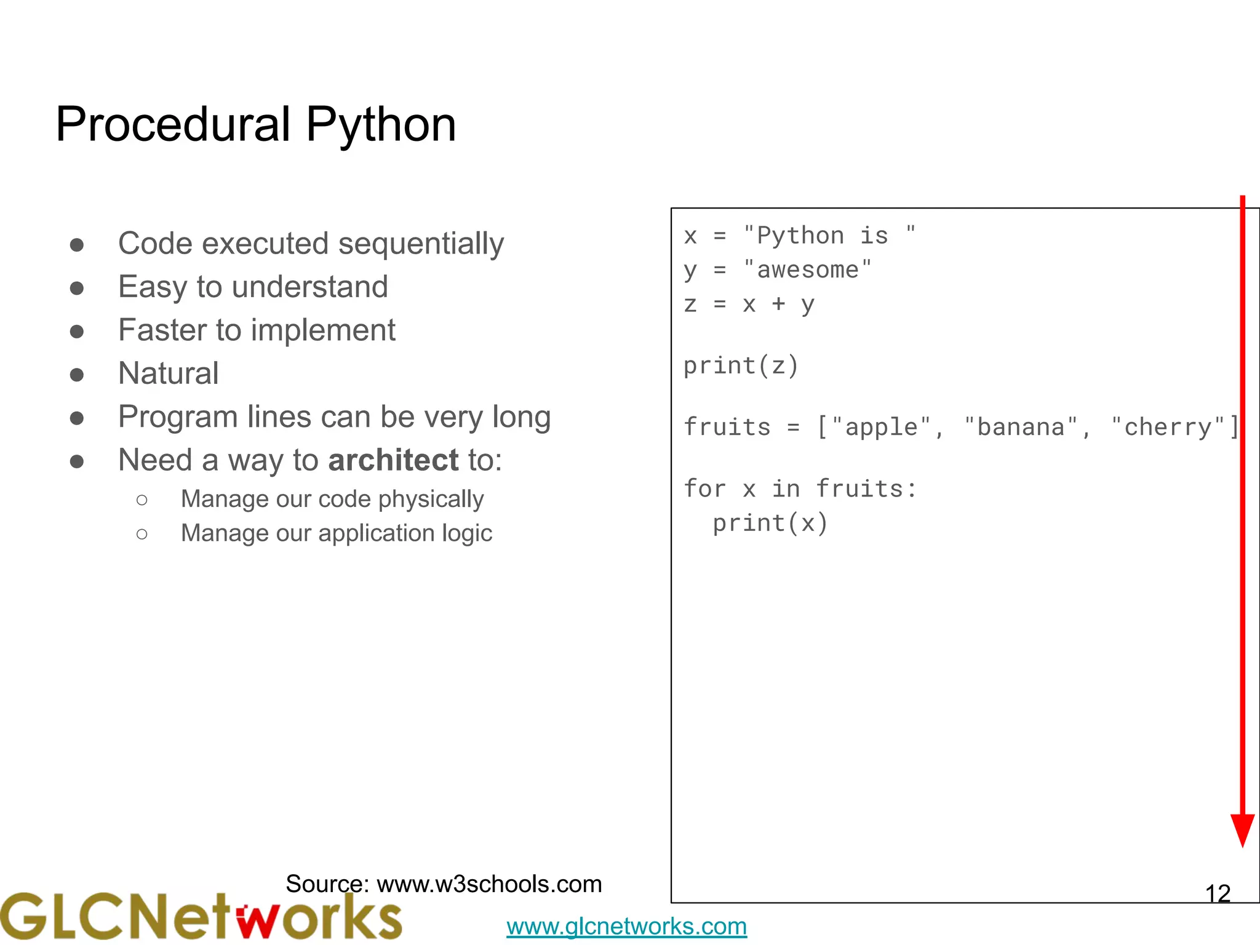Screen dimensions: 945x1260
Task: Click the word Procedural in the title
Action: pos(173,124)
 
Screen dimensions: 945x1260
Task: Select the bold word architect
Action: pos(393,460)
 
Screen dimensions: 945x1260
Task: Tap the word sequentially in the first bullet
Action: pos(421,244)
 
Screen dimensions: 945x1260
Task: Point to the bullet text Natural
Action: pos(168,373)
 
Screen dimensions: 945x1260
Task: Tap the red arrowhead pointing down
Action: pos(1242,830)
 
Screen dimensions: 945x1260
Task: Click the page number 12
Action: pos(1218,894)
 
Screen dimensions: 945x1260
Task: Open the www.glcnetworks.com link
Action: pos(626,927)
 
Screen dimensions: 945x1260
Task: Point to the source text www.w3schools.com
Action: pos(489,884)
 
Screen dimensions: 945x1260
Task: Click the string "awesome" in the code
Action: pos(807,270)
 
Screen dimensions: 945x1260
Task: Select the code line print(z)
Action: pos(741,366)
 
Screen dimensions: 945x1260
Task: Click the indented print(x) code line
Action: pos(770,524)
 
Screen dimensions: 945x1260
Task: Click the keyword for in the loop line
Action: pos(705,489)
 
